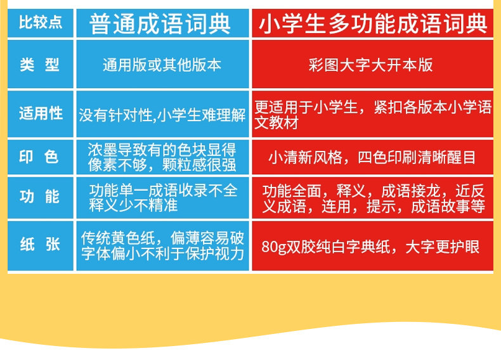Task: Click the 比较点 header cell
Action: [x=40, y=23]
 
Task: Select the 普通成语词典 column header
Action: [x=162, y=23]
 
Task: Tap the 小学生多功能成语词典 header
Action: [x=372, y=23]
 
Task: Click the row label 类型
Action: [x=40, y=64]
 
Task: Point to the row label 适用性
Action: [x=40, y=114]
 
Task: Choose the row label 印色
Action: [x=40, y=157]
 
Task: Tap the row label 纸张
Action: [x=40, y=246]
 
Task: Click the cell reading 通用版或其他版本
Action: [x=162, y=64]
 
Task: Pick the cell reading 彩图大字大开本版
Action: [x=372, y=64]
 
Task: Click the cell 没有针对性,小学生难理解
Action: [x=162, y=114]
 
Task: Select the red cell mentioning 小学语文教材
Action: [x=372, y=114]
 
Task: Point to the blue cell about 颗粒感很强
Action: [x=162, y=157]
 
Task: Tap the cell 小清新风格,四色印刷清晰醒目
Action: [x=372, y=157]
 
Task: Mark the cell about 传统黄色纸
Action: [x=162, y=246]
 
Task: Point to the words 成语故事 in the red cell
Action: [x=441, y=207]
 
